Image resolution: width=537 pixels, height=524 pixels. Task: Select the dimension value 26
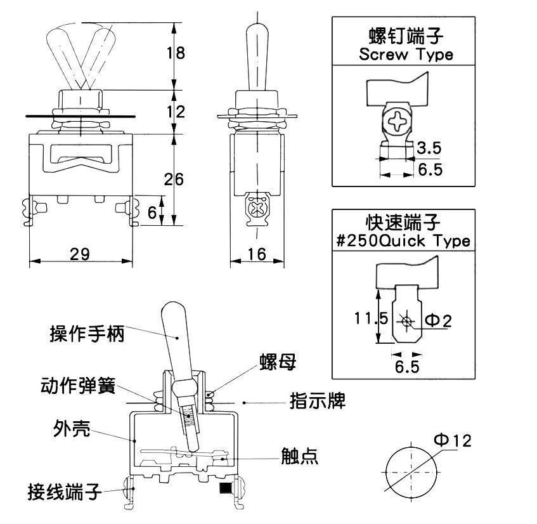(175, 180)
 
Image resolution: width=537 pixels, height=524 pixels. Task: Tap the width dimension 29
(79, 254)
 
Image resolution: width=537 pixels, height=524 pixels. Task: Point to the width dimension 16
(256, 254)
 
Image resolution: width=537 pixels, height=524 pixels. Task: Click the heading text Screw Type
(406, 54)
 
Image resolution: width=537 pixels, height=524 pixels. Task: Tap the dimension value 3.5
(429, 148)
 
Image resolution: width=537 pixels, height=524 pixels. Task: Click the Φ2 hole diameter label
(437, 320)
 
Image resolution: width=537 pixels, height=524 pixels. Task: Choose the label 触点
(299, 456)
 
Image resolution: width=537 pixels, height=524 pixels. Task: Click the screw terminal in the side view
(257, 209)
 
